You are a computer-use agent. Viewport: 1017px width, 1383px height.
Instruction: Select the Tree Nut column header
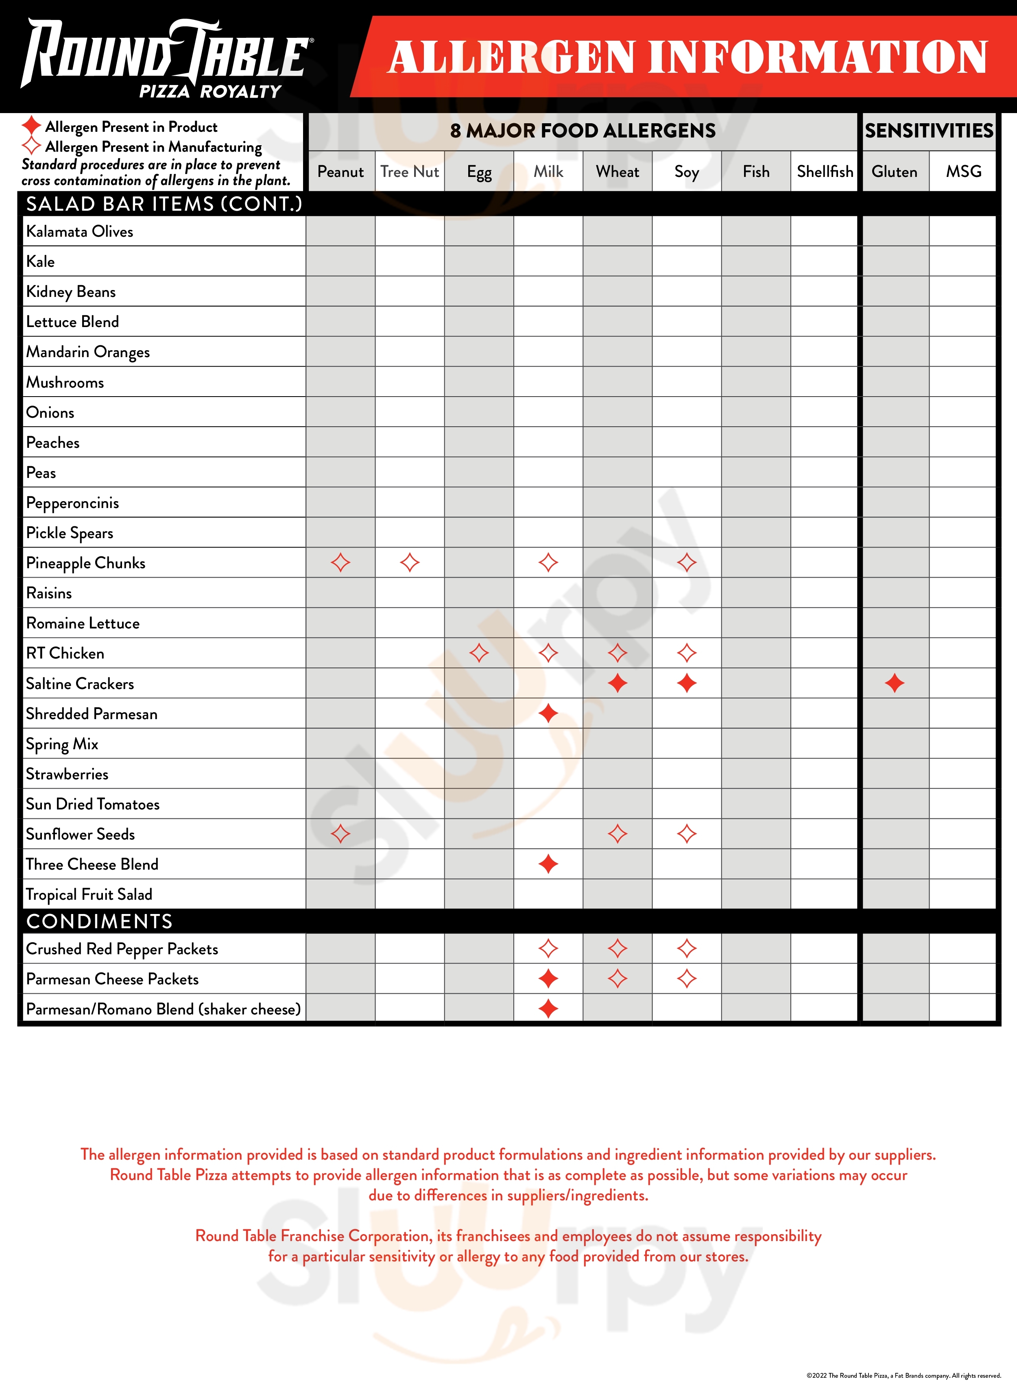(x=409, y=172)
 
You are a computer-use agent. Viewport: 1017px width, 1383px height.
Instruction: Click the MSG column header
(x=963, y=172)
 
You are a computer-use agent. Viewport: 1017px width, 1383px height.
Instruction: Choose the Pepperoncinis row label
(x=73, y=503)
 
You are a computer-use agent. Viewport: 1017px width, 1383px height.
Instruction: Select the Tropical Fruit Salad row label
(x=89, y=894)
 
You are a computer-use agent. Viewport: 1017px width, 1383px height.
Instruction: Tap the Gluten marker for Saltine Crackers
(x=895, y=683)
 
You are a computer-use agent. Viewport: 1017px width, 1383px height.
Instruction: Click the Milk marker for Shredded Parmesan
(x=548, y=713)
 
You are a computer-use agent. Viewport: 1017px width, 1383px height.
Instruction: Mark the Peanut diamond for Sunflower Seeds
(x=340, y=834)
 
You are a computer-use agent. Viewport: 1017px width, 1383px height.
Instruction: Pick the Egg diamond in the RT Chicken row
(x=479, y=653)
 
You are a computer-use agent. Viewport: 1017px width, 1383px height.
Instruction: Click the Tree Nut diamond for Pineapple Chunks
(x=409, y=563)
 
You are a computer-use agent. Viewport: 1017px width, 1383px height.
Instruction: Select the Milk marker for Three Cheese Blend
(x=548, y=864)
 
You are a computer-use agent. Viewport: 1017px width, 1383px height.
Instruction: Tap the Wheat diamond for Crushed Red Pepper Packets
(x=618, y=949)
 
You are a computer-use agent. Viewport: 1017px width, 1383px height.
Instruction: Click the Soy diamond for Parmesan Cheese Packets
(x=686, y=979)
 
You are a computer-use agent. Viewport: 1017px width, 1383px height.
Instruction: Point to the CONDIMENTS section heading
(x=99, y=921)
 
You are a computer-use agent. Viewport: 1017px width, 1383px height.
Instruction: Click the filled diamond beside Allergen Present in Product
(x=31, y=126)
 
